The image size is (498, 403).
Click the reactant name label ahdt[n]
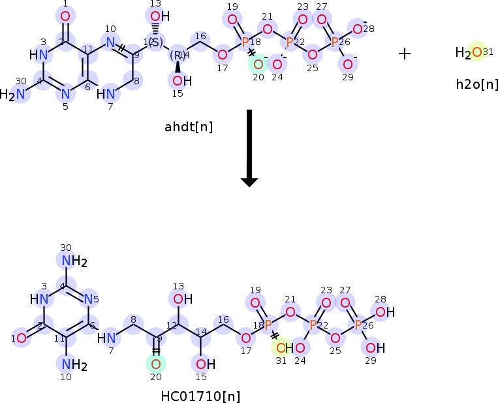point(189,127)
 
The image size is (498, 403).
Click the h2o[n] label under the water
point(477,84)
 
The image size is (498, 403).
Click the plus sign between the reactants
point(405,54)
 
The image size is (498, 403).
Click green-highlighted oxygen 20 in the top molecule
point(258,64)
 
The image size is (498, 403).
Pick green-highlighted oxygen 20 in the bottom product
point(156,363)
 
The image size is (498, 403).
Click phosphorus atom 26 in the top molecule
point(335,42)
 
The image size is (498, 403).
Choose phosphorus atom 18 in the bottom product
point(268,325)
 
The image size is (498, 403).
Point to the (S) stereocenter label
point(155,42)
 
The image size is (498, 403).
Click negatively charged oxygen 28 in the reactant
point(358,28)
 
